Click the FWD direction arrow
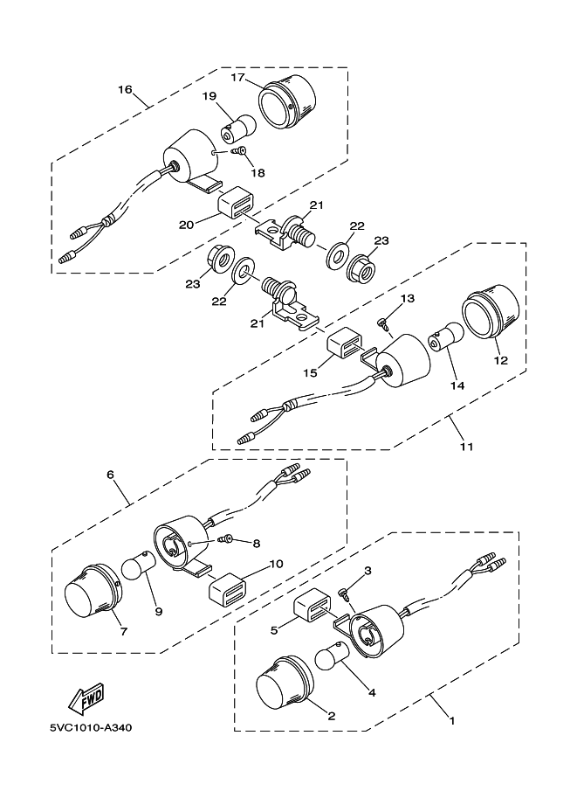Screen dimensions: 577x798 point(86,700)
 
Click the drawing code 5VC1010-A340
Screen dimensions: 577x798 point(91,728)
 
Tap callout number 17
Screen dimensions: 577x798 point(238,78)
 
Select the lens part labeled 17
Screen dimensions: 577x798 point(287,101)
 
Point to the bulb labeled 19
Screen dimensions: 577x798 point(237,128)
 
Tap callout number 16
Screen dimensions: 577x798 point(125,89)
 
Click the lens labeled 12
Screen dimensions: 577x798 point(491,311)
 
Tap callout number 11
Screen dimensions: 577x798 point(467,447)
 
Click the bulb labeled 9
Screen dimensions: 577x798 point(136,565)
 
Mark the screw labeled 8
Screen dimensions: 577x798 point(224,538)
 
